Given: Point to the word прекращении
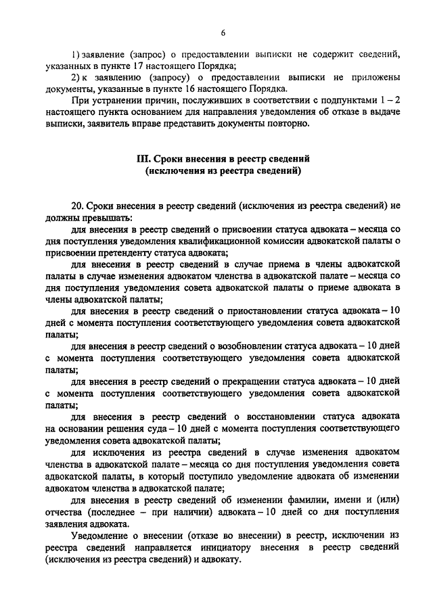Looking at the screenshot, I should click(x=256, y=382).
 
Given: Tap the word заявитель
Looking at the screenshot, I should click(x=108, y=124).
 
